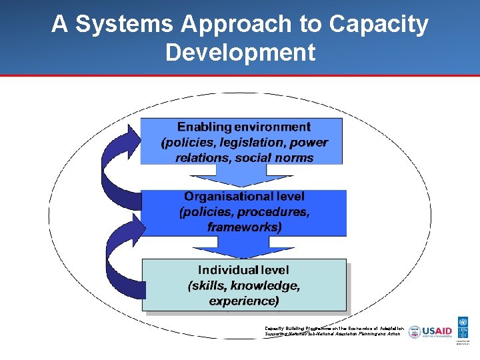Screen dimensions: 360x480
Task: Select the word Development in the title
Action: coord(240,52)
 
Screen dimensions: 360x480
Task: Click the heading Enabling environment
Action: coord(243,127)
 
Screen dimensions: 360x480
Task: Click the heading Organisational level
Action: coord(244,197)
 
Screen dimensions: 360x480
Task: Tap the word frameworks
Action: coord(244,227)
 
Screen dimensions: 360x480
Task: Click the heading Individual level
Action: coord(243,270)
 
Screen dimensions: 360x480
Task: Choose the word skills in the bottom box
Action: coord(211,285)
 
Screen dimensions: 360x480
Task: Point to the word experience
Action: coord(244,301)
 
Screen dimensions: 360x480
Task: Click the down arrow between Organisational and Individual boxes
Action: coord(243,247)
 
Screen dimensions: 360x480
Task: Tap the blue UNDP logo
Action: coord(463,327)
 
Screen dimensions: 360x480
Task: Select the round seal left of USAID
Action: coord(415,332)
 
